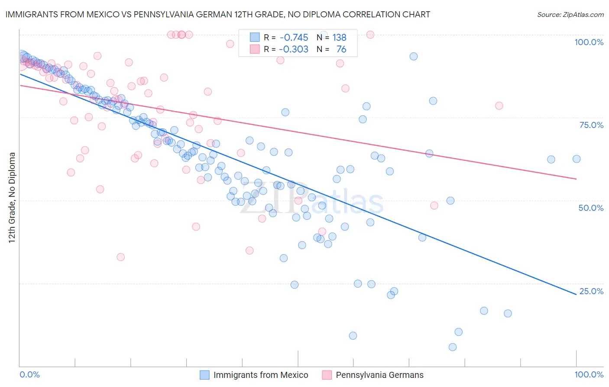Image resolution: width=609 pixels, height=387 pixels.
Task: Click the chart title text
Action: (218, 14)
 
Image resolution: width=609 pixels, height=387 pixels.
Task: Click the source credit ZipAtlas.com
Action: (570, 14)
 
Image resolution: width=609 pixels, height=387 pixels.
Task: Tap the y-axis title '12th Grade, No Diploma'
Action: (12, 197)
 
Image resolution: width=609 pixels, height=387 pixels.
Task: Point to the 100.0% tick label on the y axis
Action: (589, 42)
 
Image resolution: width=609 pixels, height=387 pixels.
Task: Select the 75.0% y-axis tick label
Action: (591, 125)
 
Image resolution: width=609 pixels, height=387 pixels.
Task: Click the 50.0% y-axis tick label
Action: (591, 208)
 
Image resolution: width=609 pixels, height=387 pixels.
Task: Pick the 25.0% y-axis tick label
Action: (591, 291)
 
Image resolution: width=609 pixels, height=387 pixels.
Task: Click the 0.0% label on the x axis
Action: (30, 374)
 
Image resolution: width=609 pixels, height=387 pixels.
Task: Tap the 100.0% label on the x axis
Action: (589, 374)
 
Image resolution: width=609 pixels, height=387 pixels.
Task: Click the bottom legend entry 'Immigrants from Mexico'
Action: (261, 375)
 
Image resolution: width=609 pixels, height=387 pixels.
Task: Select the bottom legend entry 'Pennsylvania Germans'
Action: (379, 375)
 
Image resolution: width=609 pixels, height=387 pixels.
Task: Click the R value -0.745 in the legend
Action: (294, 38)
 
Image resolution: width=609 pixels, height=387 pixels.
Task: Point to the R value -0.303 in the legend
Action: (294, 49)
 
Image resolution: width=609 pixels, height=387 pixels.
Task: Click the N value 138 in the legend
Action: (339, 38)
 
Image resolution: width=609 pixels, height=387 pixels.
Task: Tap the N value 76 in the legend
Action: (341, 49)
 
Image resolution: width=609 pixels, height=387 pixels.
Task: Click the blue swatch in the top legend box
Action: (255, 38)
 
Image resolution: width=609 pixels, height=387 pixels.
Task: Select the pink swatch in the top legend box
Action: (255, 49)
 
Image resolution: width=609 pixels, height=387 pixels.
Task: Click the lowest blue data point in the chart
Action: (453, 347)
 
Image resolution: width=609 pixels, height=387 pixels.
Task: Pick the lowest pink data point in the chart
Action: (121, 257)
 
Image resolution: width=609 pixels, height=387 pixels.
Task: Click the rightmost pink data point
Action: (499, 106)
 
